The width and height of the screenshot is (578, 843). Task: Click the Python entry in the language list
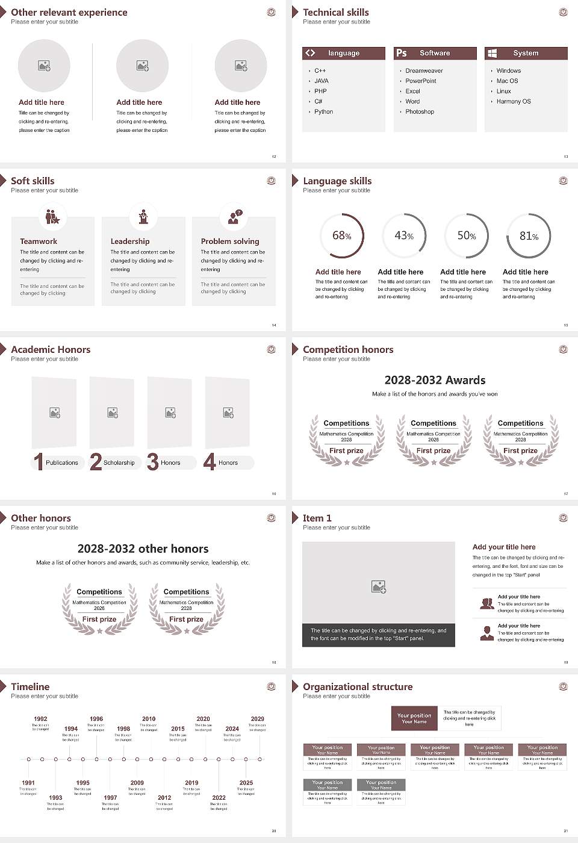point(323,112)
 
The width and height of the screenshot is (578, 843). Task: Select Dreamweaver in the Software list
point(424,71)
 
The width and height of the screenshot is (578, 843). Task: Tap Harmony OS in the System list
point(514,102)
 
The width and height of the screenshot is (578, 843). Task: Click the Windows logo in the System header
point(492,53)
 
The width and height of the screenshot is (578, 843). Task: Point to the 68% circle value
point(341,235)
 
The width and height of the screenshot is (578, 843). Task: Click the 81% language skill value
point(529,235)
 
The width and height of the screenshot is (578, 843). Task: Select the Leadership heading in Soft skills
point(130,241)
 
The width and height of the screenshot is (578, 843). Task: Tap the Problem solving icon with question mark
point(234,217)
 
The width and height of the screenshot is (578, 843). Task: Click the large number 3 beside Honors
point(153,462)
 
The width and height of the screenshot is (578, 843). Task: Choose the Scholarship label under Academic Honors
point(119,463)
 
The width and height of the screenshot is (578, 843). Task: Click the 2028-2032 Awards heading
point(435,380)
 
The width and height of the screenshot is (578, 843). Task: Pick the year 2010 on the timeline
point(149,719)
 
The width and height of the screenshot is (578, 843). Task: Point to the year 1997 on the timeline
point(110,798)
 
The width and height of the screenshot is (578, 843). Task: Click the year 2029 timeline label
point(257,719)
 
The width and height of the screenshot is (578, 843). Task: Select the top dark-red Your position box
point(414,718)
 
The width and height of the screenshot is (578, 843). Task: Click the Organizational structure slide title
point(358,686)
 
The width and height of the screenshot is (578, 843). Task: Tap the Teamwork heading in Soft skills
point(39,241)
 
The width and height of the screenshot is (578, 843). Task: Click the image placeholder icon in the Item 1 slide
point(379,586)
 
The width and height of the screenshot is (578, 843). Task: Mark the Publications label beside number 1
point(62,463)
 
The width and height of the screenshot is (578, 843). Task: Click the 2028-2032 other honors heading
point(143,549)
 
